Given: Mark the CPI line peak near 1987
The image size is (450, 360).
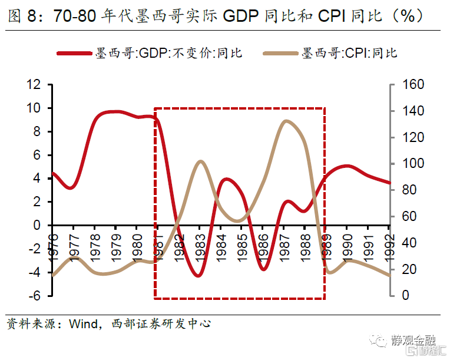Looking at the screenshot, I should (x=286, y=121).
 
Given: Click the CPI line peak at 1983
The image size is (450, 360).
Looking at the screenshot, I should (x=200, y=161).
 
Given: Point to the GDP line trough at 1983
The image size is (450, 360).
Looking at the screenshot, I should (x=199, y=276).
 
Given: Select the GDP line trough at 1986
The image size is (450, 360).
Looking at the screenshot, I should (x=263, y=269).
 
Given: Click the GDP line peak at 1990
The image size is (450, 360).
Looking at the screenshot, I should (x=347, y=166).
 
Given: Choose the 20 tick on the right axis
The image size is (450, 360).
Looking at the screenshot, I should (x=410, y=269).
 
